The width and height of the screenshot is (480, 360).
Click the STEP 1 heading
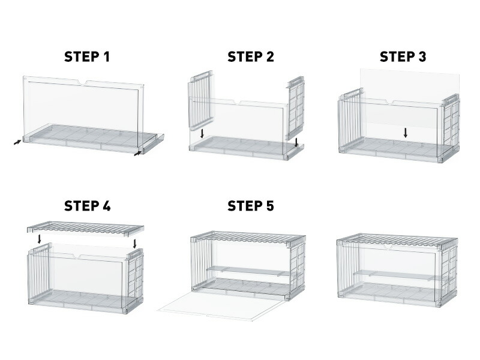[x=87, y=57]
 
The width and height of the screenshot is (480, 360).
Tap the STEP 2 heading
[x=251, y=57]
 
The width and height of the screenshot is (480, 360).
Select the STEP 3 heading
[x=403, y=57]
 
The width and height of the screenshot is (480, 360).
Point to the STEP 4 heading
[x=87, y=206]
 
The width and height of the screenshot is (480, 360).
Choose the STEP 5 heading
[x=251, y=206]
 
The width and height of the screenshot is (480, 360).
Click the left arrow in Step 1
[x=18, y=142]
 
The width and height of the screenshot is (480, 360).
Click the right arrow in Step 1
[x=138, y=153]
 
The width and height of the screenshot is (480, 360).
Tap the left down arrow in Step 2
[x=202, y=133]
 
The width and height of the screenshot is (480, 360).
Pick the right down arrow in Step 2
[x=296, y=142]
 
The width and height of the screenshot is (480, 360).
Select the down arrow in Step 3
[x=406, y=133]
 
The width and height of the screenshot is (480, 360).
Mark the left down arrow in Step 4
[x=39, y=239]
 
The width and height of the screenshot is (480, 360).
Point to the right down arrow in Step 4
[x=134, y=244]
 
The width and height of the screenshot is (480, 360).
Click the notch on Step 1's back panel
[x=83, y=82]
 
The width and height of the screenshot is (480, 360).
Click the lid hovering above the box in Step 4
[x=85, y=229]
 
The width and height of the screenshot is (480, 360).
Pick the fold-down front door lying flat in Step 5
[x=221, y=306]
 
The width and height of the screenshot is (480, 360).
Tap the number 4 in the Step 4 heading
[x=106, y=206]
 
